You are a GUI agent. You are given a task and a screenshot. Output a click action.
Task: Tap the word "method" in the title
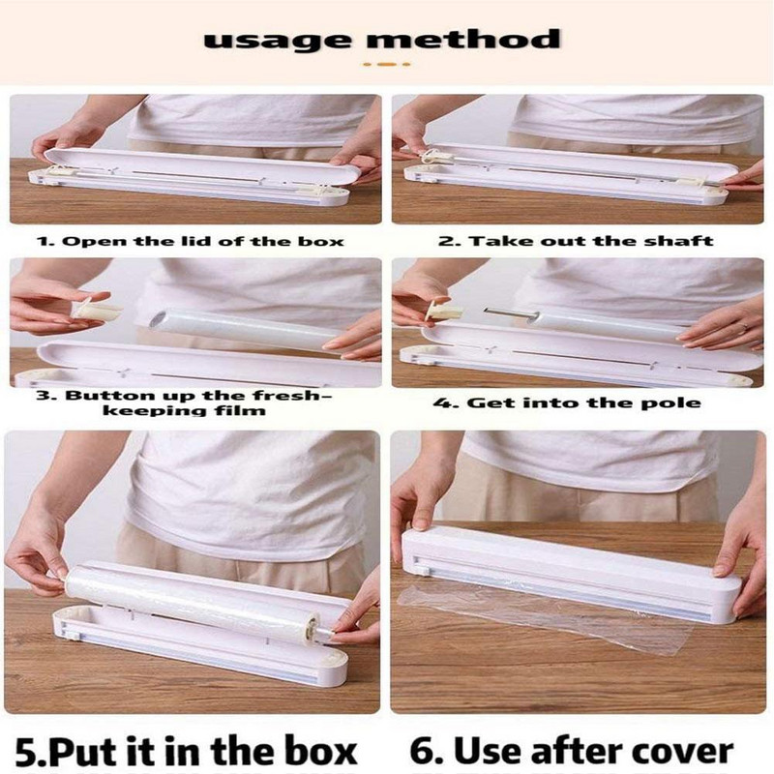pyautogui.click(x=463, y=39)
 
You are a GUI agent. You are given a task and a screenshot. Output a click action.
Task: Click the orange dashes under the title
pyautogui.click(x=386, y=64)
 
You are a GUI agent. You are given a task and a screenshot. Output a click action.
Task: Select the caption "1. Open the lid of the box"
pyautogui.click(x=191, y=241)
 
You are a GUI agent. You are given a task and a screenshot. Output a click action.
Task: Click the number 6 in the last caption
pyautogui.click(x=421, y=752)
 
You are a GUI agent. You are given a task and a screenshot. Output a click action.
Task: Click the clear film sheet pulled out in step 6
pyautogui.click(x=543, y=617)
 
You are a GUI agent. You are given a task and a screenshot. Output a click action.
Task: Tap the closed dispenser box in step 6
pyautogui.click(x=572, y=573)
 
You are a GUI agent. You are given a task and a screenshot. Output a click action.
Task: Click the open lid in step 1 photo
pyautogui.click(x=202, y=165)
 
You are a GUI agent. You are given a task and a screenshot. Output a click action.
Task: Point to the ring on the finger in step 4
pyautogui.click(x=745, y=326)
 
